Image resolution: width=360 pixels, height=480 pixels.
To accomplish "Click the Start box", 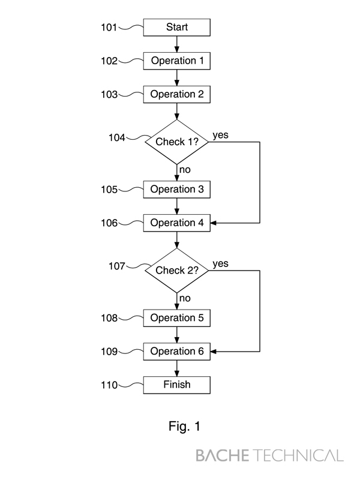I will point(177,27).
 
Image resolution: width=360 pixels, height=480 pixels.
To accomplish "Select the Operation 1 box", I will point(177,61).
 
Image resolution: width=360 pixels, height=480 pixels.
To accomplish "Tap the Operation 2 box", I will point(177,94).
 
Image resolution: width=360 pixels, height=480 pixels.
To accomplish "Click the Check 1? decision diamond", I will point(177,142).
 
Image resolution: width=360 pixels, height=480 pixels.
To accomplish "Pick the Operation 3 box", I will point(177,190).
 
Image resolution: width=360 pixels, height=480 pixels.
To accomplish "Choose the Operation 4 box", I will point(177,223).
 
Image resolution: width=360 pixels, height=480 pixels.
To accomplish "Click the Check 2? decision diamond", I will point(177,270).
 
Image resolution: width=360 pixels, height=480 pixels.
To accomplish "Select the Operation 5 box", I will point(177,318).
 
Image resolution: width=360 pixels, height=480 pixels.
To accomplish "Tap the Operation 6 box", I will point(177,352).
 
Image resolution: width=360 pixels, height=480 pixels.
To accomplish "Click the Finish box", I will point(177,385).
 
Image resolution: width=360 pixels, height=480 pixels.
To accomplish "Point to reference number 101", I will point(110,27).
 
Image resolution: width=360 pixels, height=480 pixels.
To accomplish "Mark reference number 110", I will point(110,385).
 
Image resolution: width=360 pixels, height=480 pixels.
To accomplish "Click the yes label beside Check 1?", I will point(220,135).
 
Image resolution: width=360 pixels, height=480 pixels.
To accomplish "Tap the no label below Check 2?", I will point(185,298).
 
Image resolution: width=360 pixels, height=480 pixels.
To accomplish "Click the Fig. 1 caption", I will point(184,427).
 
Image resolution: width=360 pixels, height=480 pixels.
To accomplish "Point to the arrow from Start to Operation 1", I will point(177,44).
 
